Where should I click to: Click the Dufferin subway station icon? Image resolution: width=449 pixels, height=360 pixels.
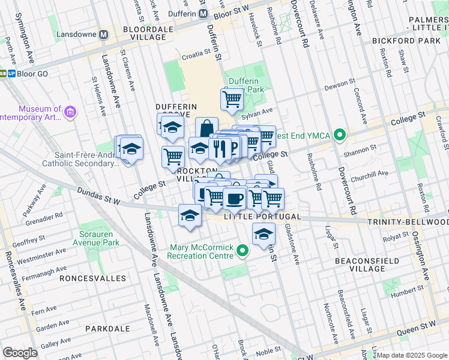click(203, 13)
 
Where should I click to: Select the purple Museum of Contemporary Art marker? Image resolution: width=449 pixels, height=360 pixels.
click(70, 112)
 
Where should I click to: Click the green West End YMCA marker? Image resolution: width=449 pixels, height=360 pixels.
click(340, 136)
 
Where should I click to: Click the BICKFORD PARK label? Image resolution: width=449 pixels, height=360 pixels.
click(406, 41)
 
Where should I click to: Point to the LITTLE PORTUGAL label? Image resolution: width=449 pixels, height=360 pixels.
click(253, 216)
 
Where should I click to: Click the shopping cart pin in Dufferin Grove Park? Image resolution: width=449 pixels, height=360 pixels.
click(232, 100)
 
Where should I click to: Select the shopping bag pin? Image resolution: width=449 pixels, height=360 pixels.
click(206, 128)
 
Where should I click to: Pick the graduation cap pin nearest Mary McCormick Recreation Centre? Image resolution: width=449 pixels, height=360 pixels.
click(263, 235)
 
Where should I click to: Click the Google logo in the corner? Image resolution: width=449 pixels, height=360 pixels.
click(20, 353)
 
